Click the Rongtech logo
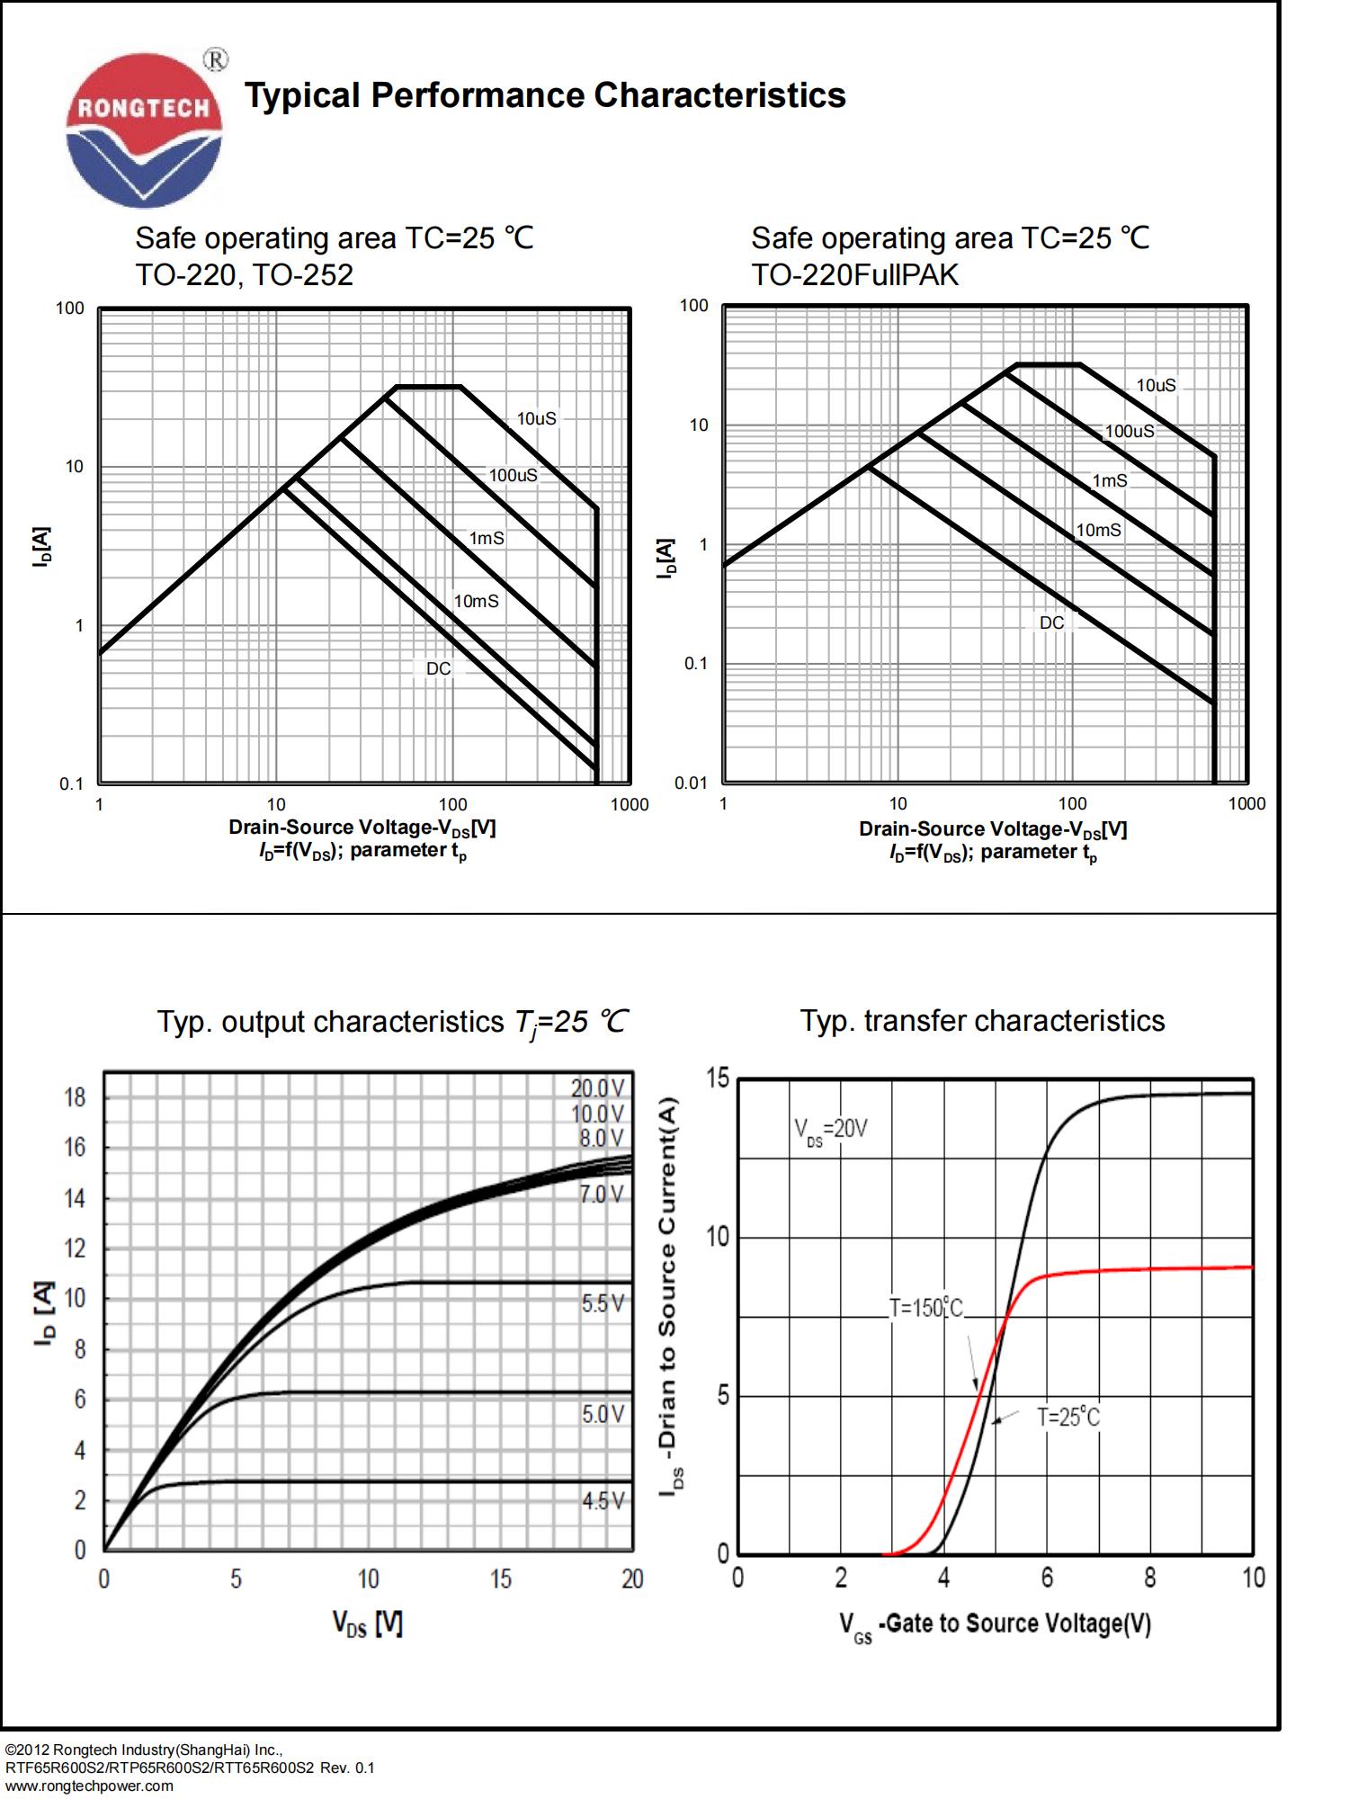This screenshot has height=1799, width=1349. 144,129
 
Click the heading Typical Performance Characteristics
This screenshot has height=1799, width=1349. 545,95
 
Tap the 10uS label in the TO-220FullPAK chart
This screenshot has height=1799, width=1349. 1156,385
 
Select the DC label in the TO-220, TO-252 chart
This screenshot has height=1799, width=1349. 438,668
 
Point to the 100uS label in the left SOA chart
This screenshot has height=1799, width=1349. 513,475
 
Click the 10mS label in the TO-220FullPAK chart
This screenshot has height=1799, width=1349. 1098,530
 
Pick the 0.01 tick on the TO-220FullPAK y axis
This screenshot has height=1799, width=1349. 691,783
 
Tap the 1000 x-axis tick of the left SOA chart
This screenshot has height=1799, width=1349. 629,804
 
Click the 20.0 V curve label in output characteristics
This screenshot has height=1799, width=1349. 597,1087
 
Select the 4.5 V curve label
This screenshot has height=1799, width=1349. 602,1500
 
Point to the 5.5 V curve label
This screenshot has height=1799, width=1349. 602,1303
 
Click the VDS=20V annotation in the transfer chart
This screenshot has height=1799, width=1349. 830,1130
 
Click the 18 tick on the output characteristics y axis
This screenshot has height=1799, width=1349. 75,1097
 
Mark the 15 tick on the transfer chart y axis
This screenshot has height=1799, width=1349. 718,1078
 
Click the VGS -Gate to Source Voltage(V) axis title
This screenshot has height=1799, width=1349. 995,1624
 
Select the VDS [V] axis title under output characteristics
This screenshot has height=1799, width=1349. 368,1623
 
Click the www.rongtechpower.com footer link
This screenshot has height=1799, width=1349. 89,1786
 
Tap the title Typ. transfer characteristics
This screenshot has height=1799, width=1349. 982,1021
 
